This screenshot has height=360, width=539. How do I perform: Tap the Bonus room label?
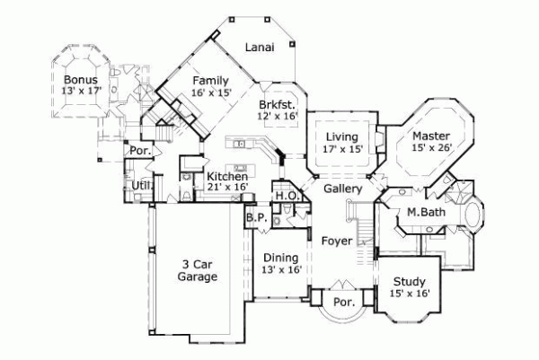[80, 79]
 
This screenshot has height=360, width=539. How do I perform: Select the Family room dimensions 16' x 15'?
[211, 92]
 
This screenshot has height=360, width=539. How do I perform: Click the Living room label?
[342, 136]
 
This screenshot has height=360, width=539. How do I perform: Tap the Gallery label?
[342, 189]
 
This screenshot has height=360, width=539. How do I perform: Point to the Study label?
[410, 280]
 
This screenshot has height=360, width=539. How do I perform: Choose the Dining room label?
[281, 258]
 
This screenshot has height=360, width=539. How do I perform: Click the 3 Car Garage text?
[197, 271]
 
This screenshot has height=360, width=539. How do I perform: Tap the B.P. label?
[253, 216]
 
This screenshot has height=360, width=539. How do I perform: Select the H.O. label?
[287, 195]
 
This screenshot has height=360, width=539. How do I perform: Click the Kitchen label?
[226, 177]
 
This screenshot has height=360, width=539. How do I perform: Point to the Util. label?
[141, 185]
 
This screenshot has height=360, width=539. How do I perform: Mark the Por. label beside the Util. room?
[139, 151]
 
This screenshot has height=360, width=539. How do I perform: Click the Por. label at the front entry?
[342, 303]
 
